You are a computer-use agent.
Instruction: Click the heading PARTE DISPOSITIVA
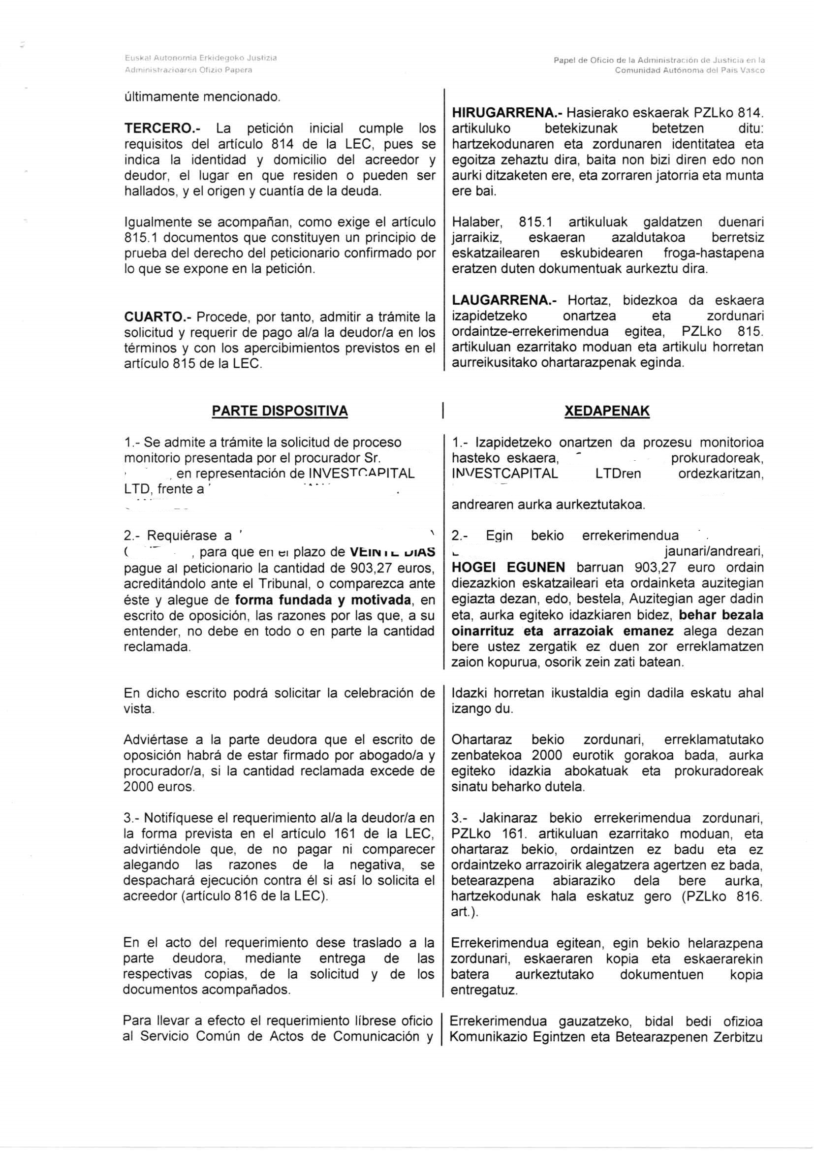280,411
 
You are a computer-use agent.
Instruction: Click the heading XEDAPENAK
606,411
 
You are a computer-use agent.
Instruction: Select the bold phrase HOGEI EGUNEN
508,568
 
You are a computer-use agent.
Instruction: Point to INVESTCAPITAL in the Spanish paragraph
361,474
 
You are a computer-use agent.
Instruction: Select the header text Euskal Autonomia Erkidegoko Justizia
200,58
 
